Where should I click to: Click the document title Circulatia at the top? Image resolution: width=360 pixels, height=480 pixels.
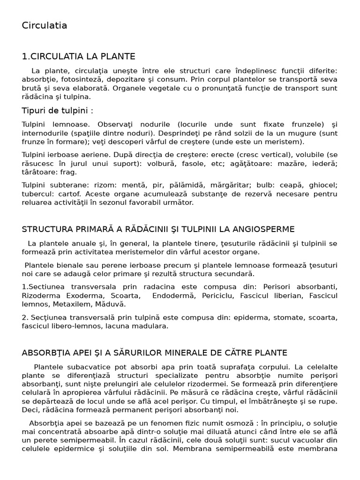point(45,26)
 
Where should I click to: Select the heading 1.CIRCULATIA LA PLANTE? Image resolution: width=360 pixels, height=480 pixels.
point(78,57)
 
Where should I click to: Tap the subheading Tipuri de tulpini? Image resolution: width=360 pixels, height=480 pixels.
point(57,110)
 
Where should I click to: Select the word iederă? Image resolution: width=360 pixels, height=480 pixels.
point(324,164)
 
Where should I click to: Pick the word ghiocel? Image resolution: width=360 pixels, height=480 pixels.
point(321,185)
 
